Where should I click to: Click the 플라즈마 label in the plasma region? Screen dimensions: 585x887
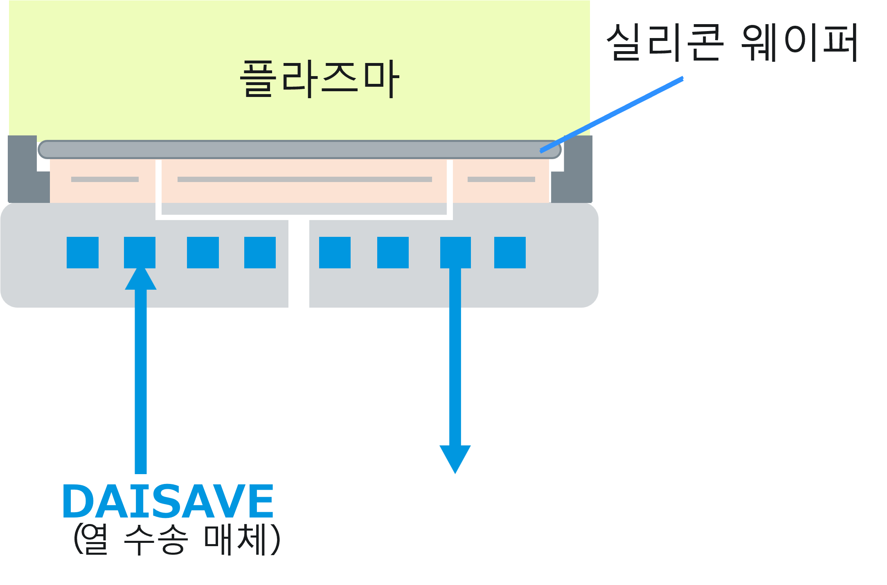[x=319, y=79]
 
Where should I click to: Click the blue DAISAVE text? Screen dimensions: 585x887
[x=168, y=501]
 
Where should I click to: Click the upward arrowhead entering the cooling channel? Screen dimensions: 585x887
[x=140, y=279]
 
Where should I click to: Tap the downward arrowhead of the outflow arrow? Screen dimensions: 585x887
[x=455, y=458]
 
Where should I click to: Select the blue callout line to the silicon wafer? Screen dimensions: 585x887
[x=612, y=115]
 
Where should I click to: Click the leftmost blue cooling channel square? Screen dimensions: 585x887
[x=83, y=252]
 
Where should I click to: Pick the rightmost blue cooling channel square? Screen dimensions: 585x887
[x=510, y=252]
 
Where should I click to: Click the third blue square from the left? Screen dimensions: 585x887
[x=203, y=252]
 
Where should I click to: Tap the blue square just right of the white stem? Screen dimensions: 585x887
[x=335, y=252]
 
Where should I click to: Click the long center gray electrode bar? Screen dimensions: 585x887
[x=305, y=179]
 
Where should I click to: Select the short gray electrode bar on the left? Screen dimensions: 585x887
[x=105, y=179]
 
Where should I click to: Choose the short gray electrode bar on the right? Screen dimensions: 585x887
[x=501, y=179]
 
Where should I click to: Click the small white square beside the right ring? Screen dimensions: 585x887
[x=604, y=177]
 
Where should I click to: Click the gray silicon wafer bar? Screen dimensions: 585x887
[x=299, y=150]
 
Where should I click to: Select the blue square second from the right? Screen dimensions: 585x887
[x=455, y=252]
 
